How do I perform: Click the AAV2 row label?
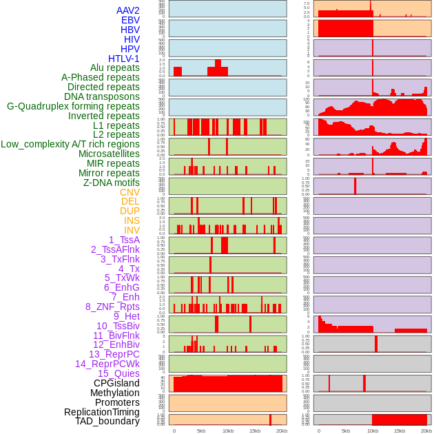[127, 10]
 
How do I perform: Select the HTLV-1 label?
[123, 59]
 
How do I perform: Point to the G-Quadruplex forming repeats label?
[73, 106]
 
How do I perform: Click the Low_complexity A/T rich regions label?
[70, 144]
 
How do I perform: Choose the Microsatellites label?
[109, 154]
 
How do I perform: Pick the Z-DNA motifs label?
[111, 183]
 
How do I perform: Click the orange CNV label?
[130, 192]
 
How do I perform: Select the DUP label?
[130, 211]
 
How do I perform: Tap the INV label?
[132, 230]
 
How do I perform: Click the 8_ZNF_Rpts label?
[112, 307]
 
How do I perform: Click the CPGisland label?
[116, 383]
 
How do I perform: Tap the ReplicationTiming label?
[102, 412]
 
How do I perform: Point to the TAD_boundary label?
[107, 421]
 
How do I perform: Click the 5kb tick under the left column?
[201, 431]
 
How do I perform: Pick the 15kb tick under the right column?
[400, 431]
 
